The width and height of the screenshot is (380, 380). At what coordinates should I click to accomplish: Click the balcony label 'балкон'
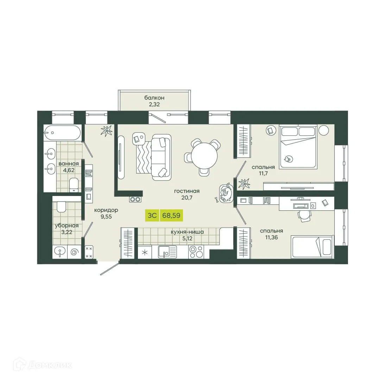tap(154, 97)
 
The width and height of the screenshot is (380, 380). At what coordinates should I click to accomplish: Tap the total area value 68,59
tap(171, 215)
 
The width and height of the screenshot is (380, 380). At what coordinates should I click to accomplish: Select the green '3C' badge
tap(152, 215)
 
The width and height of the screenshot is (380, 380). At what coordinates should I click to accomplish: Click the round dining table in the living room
tap(204, 157)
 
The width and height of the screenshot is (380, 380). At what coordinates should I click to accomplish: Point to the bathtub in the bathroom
tap(62, 133)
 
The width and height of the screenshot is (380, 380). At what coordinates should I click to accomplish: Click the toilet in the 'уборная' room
tap(61, 207)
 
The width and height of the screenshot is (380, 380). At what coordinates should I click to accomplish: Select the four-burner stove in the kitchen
tap(196, 252)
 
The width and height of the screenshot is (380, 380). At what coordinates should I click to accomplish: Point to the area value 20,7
tap(187, 198)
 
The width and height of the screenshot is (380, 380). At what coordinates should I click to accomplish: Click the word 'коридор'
tap(106, 210)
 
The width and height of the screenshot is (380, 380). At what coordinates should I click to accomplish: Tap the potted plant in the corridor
tap(106, 131)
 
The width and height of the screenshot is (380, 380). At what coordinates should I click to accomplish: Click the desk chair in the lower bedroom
tap(305, 216)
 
